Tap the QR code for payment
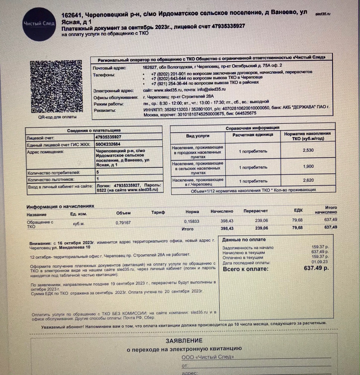point(56,86)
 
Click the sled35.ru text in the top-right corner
point(322,14)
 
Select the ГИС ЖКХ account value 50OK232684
point(108,144)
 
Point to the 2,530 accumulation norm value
point(308,150)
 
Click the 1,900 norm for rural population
point(308,166)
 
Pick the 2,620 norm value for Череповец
point(308,180)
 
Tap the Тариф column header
point(158,212)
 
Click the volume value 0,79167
point(123,223)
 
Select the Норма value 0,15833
point(191,221)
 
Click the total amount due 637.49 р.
point(316,268)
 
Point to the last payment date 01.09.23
point(320,262)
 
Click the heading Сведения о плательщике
point(94,130)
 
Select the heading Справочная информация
point(252,128)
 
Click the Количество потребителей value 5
point(98,172)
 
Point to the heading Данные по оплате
point(244,240)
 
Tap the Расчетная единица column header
point(253,135)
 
